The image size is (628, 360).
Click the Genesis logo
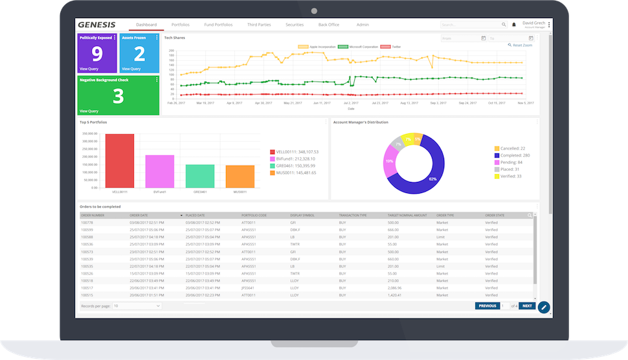pyautogui.click(x=96, y=25)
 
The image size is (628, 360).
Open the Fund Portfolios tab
pyautogui.click(x=218, y=25)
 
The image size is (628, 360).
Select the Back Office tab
pyautogui.click(x=328, y=25)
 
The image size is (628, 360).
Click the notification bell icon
pyautogui.click(x=514, y=25)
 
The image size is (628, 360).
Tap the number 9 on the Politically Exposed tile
pyautogui.click(x=96, y=54)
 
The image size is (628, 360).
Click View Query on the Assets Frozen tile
pyautogui.click(x=131, y=69)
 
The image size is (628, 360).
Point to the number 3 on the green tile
pyautogui.click(x=118, y=96)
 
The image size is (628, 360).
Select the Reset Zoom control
pyautogui.click(x=521, y=45)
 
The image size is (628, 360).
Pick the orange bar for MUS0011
pyautogui.click(x=240, y=176)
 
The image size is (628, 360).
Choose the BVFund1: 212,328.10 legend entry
pyautogui.click(x=295, y=159)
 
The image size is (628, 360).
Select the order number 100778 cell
pyautogui.click(x=87, y=222)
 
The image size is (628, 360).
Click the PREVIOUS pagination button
pyautogui.click(x=487, y=306)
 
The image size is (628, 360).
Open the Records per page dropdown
pyautogui.click(x=137, y=306)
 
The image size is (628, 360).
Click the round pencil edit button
pyautogui.click(x=544, y=307)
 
